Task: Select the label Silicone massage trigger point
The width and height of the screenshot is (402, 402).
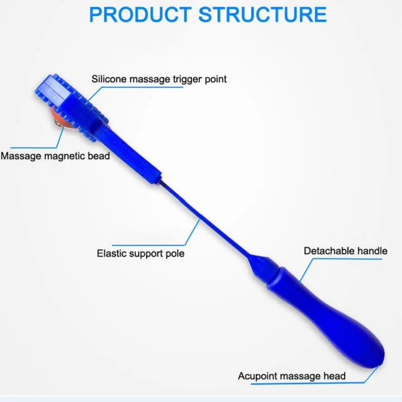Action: (x=159, y=79)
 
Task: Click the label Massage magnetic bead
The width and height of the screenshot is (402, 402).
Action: (x=55, y=156)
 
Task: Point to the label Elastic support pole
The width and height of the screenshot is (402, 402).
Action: (x=141, y=253)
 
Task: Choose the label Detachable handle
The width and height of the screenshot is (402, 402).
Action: (x=346, y=251)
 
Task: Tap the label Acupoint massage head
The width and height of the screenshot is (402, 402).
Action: (x=291, y=376)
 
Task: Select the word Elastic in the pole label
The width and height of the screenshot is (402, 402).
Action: (x=110, y=253)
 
